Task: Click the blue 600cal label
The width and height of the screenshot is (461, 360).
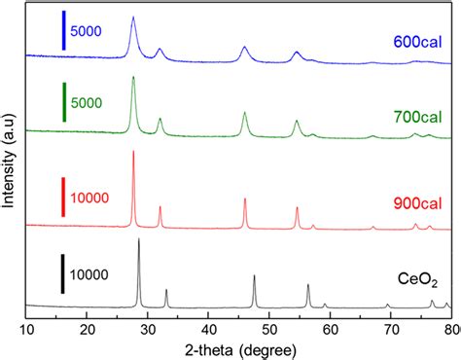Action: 416,42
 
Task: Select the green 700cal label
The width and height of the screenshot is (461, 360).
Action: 416,116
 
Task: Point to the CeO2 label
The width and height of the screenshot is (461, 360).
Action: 415,281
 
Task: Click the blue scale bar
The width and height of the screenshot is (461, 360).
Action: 62,30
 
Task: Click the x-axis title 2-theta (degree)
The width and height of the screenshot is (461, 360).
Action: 238,348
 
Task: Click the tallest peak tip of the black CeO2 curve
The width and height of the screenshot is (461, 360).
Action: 139,239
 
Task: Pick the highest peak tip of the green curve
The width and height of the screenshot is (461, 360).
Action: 133,78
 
